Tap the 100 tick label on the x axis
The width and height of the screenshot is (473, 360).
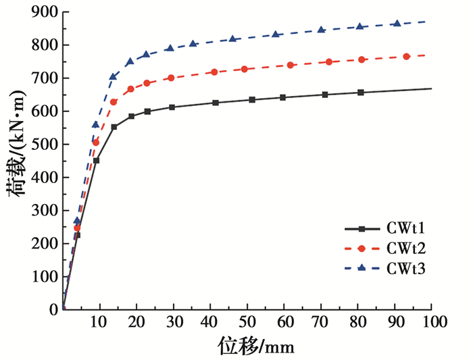point(430,322)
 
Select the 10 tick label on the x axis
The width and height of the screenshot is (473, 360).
point(100,322)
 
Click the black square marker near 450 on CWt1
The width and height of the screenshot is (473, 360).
point(96,161)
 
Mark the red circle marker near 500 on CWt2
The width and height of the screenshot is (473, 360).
point(96,143)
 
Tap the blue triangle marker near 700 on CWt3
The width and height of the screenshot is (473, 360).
point(113,76)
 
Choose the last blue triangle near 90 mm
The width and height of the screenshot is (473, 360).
point(397,24)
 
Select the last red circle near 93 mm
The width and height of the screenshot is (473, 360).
point(406,57)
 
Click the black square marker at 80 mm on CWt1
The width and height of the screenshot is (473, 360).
point(360,93)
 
